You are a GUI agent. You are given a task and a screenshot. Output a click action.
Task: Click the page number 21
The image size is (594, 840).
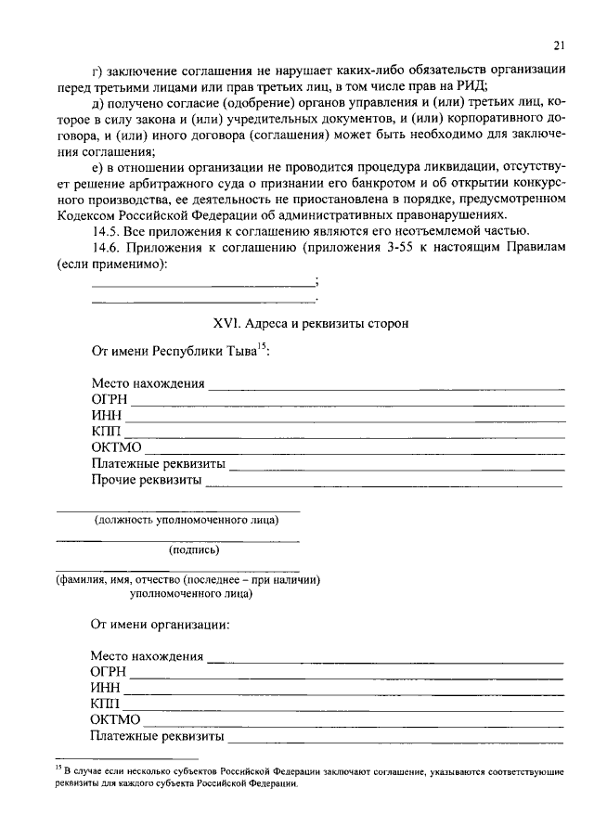559,45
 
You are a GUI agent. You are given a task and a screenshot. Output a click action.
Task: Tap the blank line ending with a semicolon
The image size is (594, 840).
203,283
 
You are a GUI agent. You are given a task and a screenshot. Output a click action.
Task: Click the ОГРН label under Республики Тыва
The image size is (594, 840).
109,400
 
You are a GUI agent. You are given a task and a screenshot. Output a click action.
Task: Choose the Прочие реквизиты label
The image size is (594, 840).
146,481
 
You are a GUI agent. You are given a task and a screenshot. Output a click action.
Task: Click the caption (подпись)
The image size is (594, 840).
193,549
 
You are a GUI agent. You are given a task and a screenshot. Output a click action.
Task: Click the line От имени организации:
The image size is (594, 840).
160,625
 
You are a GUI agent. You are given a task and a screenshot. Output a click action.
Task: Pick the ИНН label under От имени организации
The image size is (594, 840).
106,688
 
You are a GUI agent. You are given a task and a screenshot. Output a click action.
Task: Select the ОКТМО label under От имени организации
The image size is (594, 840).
115,720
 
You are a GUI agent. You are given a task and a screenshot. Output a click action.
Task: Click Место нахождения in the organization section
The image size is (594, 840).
147,656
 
